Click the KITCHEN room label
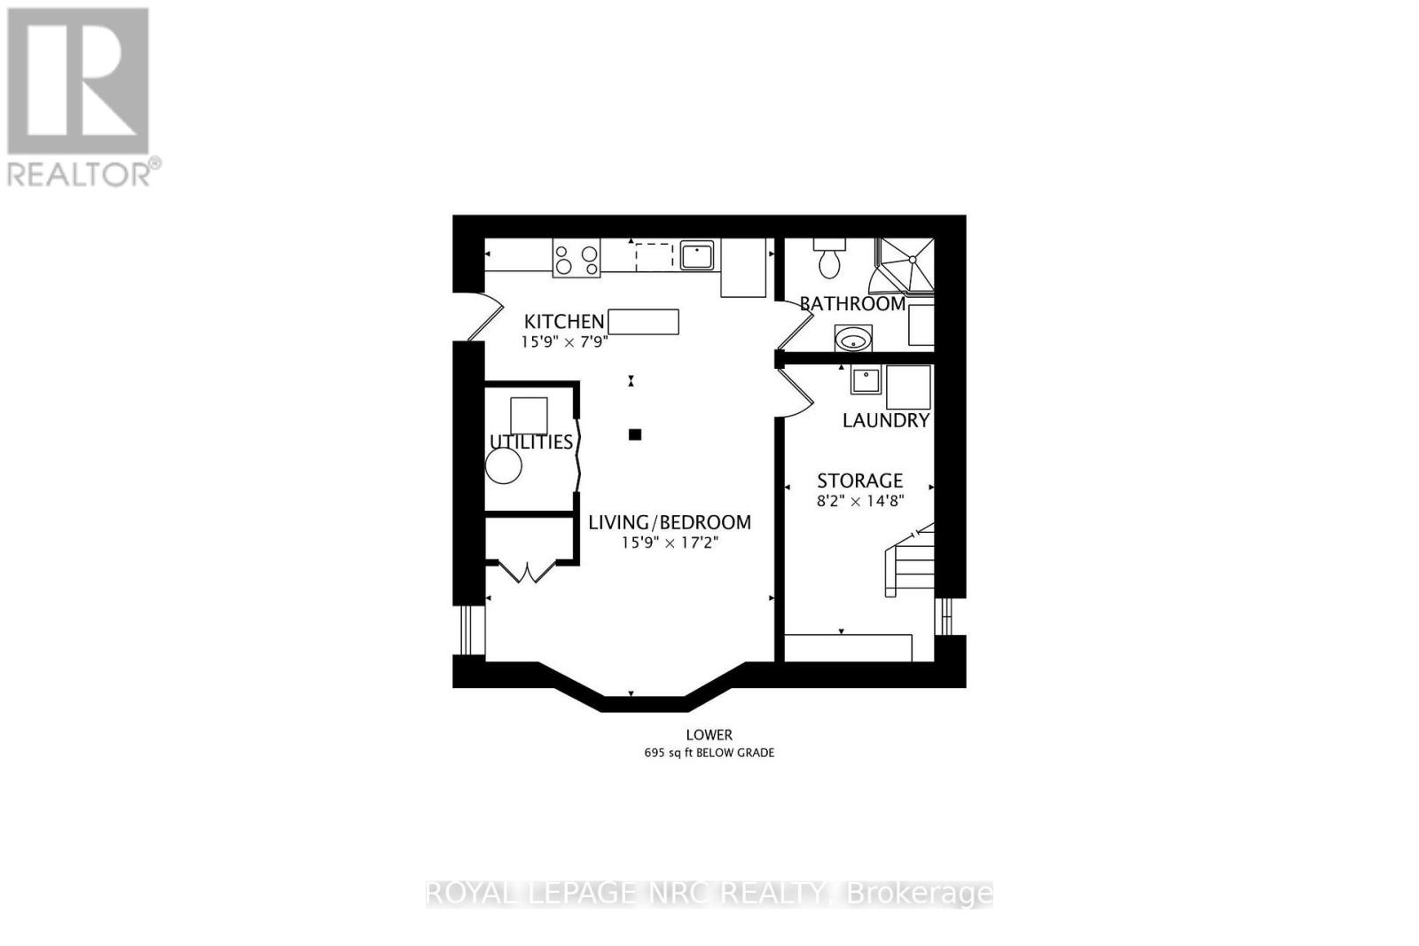pyautogui.click(x=564, y=321)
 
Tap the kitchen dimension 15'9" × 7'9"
pyautogui.click(x=564, y=341)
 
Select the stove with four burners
pyautogui.click(x=576, y=258)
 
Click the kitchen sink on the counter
pyautogui.click(x=697, y=255)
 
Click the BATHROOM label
pyautogui.click(x=852, y=303)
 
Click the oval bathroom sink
pyautogui.click(x=853, y=339)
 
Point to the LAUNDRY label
pyautogui.click(x=885, y=420)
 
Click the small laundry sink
pyautogui.click(x=866, y=380)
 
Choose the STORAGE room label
pyautogui.click(x=859, y=481)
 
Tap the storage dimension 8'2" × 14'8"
pyautogui.click(x=859, y=501)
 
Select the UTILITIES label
pyautogui.click(x=531, y=442)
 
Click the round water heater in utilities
pyautogui.click(x=504, y=466)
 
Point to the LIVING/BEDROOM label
pyautogui.click(x=670, y=523)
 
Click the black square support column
pyautogui.click(x=634, y=434)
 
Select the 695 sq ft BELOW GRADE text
pyautogui.click(x=709, y=753)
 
